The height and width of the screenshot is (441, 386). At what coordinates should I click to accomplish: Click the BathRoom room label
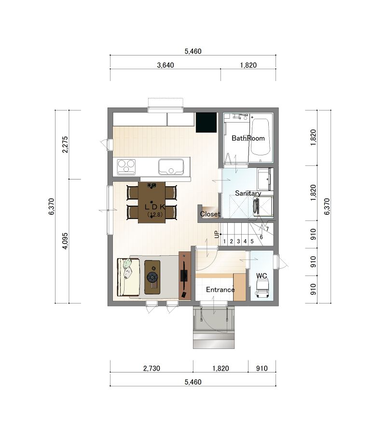click(248, 138)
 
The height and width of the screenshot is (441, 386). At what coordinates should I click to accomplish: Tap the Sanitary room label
click(248, 193)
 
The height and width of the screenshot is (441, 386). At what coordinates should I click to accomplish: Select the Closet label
click(210, 214)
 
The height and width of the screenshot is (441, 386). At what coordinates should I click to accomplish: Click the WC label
click(262, 276)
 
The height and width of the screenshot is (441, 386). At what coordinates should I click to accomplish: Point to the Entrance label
click(221, 289)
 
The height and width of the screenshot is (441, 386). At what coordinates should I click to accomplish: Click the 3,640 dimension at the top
click(165, 65)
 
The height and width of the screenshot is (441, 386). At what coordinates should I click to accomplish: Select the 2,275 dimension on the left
click(65, 145)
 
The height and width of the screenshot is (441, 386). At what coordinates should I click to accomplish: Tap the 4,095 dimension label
click(65, 241)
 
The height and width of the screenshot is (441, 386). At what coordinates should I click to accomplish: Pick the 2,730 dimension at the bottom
click(152, 369)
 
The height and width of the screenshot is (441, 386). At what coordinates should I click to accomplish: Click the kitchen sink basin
click(171, 167)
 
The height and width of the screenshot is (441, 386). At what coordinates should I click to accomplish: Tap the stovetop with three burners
click(126, 167)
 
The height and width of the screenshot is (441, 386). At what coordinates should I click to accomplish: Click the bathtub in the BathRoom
click(261, 137)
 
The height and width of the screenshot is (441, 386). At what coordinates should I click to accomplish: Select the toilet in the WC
click(262, 288)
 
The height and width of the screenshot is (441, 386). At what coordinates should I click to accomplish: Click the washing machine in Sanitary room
click(263, 207)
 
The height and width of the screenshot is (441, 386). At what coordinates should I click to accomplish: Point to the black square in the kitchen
click(206, 123)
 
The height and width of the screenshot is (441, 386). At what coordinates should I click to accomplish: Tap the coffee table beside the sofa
click(152, 277)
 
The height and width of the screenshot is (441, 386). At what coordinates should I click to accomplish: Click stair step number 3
click(238, 241)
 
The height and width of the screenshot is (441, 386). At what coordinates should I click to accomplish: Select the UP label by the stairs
click(217, 234)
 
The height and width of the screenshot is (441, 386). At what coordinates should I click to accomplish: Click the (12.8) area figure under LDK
click(155, 215)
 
